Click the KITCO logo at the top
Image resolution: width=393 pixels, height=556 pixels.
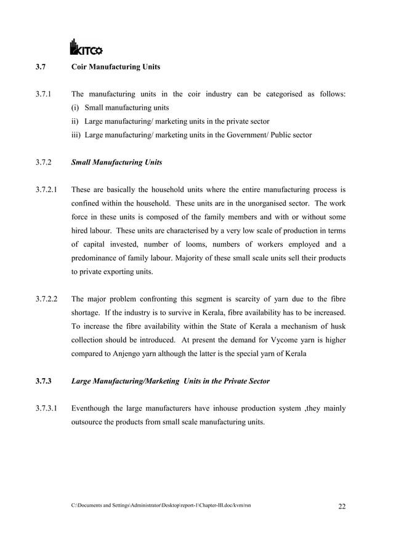click(86, 47)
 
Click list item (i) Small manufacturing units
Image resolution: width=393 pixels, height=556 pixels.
click(116, 108)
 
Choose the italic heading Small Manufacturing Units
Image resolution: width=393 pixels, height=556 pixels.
click(116, 163)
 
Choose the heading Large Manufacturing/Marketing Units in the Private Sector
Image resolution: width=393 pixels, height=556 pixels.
click(170, 381)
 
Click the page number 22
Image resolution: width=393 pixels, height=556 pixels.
click(342, 507)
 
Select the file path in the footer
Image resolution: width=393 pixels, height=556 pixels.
click(161, 506)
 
